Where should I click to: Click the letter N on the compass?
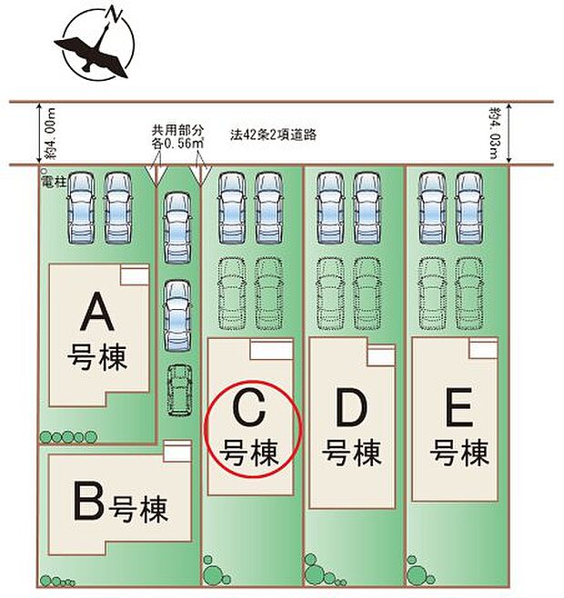(x=114, y=12)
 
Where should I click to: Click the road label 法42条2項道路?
(x=273, y=135)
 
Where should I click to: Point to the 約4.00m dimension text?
(x=50, y=134)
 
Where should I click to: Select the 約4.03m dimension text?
(x=494, y=134)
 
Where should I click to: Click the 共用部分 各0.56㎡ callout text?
(x=177, y=136)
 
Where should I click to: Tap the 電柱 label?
(x=53, y=182)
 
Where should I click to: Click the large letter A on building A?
(x=97, y=311)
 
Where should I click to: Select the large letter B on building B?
(x=88, y=501)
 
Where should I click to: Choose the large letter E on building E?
(x=459, y=408)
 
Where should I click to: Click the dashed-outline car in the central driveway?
(x=179, y=390)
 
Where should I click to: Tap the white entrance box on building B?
(x=177, y=451)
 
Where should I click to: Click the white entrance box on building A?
(x=135, y=274)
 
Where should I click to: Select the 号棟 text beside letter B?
(x=138, y=509)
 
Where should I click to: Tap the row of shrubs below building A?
(x=68, y=436)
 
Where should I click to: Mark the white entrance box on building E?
(x=483, y=348)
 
